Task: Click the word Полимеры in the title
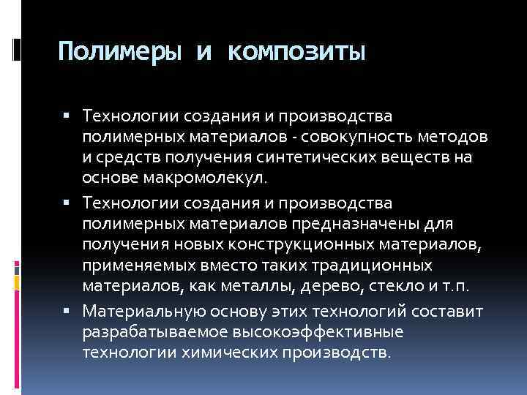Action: pos(120,53)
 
